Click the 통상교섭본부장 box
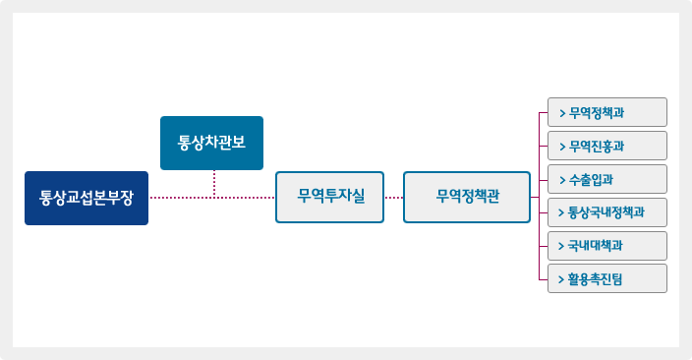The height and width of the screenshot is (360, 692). pyautogui.click(x=86, y=198)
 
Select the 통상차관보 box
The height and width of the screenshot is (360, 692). pyautogui.click(x=211, y=143)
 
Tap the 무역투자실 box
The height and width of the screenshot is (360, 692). pyautogui.click(x=329, y=198)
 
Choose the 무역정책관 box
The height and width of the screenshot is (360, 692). pyautogui.click(x=467, y=198)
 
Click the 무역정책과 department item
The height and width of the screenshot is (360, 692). pyautogui.click(x=606, y=112)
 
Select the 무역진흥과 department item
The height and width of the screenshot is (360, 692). pyautogui.click(x=606, y=146)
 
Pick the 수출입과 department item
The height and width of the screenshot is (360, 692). pyautogui.click(x=606, y=179)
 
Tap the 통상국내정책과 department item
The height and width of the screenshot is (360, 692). pyautogui.click(x=606, y=211)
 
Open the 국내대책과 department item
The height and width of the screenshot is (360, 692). pyautogui.click(x=606, y=245)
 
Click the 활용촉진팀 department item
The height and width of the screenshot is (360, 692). pyautogui.click(x=606, y=278)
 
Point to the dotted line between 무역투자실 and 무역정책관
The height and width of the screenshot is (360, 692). pyautogui.click(x=393, y=198)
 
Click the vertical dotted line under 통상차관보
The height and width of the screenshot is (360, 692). pyautogui.click(x=213, y=184)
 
